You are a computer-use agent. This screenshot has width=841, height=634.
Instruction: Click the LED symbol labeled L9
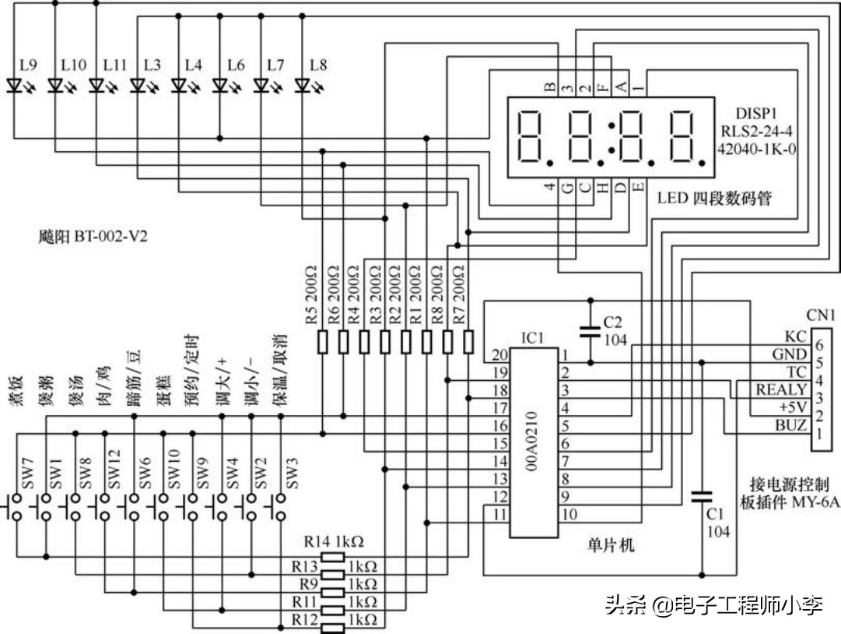[15, 86]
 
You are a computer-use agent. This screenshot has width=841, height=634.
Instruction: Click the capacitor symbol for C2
[591, 333]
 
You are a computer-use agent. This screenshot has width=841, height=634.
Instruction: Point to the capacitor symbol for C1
[702, 496]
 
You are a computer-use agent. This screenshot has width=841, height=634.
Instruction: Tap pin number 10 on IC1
[569, 514]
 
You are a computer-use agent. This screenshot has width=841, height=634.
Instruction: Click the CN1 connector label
[820, 316]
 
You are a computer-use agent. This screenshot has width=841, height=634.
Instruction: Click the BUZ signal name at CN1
[790, 426]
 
